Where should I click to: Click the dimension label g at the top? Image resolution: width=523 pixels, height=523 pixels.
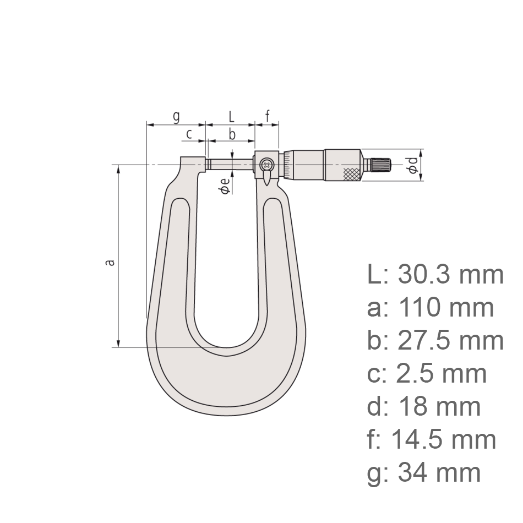coord(176,116)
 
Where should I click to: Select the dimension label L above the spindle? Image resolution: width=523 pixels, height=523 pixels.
coord(231,116)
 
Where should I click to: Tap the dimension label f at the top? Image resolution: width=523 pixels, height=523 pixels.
coord(268,116)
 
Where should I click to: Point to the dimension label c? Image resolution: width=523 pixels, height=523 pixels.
coord(189,133)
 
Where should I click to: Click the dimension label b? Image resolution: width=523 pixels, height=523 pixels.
coord(232,133)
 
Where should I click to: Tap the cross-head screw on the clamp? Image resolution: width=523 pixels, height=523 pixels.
coord(267,164)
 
